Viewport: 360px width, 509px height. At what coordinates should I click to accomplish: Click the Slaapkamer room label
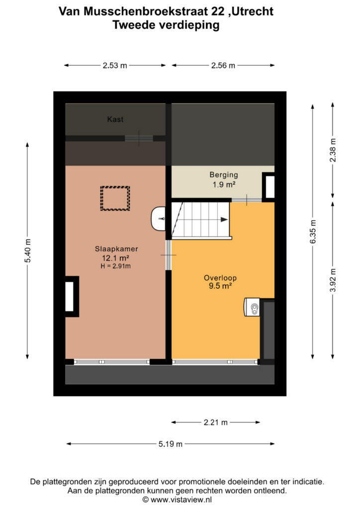point(116,249)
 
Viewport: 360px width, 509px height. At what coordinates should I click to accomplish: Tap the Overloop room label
point(220,278)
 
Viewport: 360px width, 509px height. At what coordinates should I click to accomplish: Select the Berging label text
point(224,175)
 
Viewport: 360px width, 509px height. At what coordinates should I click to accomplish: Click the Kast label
point(115,119)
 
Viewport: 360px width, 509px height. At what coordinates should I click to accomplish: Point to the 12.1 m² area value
point(116,258)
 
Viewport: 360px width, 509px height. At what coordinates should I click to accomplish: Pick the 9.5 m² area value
point(220,286)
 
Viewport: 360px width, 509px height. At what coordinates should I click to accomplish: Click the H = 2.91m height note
point(116,266)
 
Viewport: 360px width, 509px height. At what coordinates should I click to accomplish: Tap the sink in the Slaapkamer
point(159,219)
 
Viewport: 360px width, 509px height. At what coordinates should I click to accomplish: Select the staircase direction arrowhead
point(224,220)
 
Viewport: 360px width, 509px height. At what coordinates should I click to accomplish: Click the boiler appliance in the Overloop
point(252,307)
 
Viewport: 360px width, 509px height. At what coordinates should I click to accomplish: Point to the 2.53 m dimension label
point(115,66)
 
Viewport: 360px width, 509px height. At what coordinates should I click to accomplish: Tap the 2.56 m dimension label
point(223,66)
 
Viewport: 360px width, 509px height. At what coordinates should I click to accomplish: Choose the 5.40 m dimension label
point(28,251)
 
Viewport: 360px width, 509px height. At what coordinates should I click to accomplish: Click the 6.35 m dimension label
point(313,232)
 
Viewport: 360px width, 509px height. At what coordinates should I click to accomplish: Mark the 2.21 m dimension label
point(215,423)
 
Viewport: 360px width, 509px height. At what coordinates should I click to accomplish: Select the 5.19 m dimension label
point(171,444)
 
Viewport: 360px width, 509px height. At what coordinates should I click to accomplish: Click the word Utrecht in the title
point(253,11)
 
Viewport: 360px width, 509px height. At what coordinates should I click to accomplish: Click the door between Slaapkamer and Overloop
point(169,255)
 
